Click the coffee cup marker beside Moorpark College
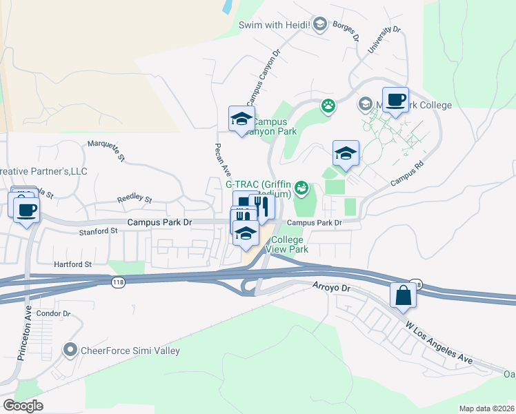click(395, 101)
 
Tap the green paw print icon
click(328, 106)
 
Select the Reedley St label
click(134, 199)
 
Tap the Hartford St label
click(73, 264)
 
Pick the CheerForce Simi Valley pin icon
click(70, 351)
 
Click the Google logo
click(23, 405)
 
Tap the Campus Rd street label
click(405, 174)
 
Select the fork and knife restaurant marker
click(261, 205)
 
